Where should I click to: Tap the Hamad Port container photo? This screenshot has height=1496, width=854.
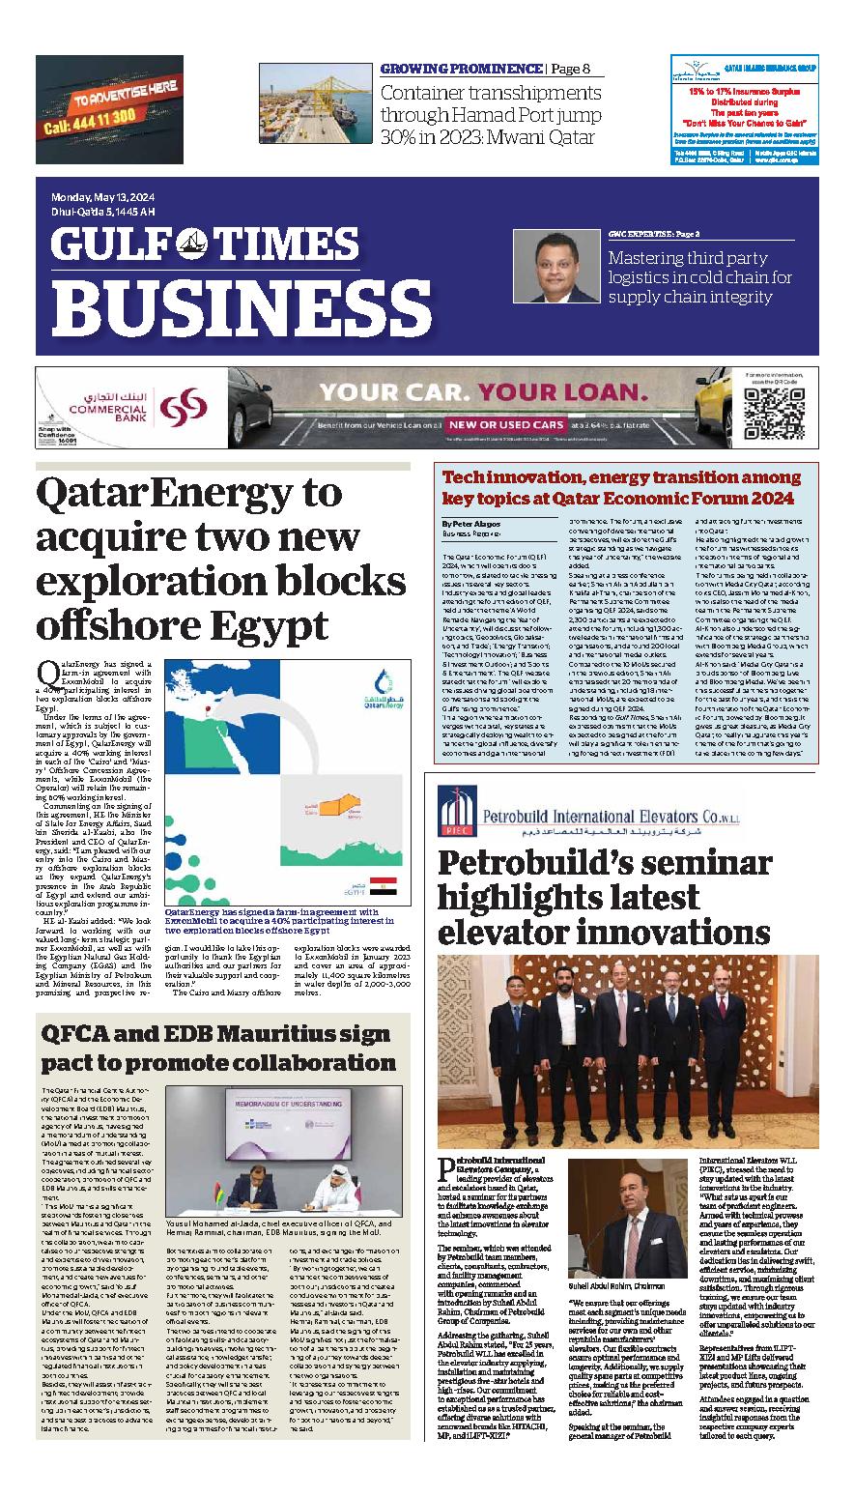point(311,104)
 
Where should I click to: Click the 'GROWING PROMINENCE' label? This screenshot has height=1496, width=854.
point(460,69)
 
